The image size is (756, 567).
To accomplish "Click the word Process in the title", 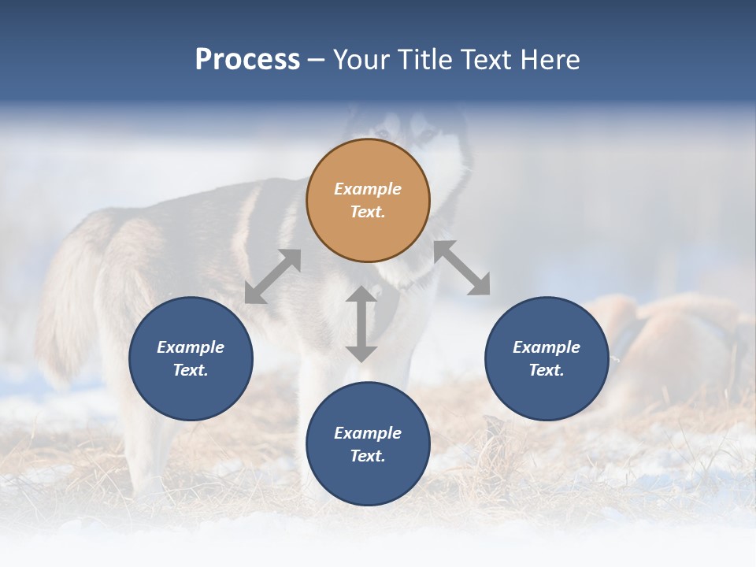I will (x=247, y=60).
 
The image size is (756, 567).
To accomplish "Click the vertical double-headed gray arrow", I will (x=361, y=324).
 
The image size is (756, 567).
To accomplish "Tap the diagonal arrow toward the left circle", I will (x=272, y=276).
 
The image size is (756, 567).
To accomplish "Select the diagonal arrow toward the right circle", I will (x=462, y=268).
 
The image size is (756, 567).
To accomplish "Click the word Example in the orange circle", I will (x=368, y=189).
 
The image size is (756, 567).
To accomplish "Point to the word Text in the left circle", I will (x=191, y=370).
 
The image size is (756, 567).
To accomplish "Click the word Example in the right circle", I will (x=547, y=347).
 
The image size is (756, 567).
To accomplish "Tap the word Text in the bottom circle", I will (x=368, y=456).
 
